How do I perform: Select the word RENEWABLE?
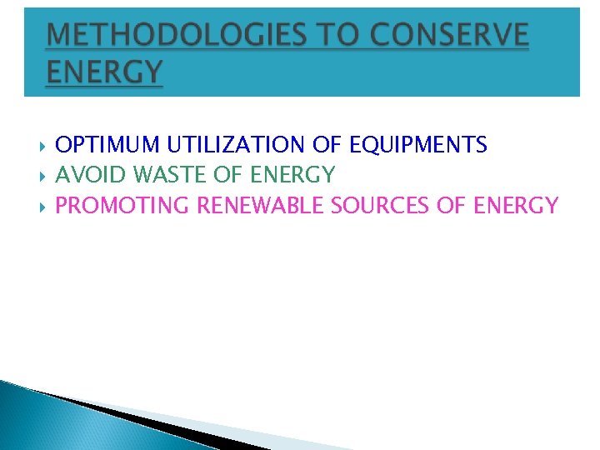click(x=261, y=205)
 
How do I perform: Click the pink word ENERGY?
click(x=516, y=205)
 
